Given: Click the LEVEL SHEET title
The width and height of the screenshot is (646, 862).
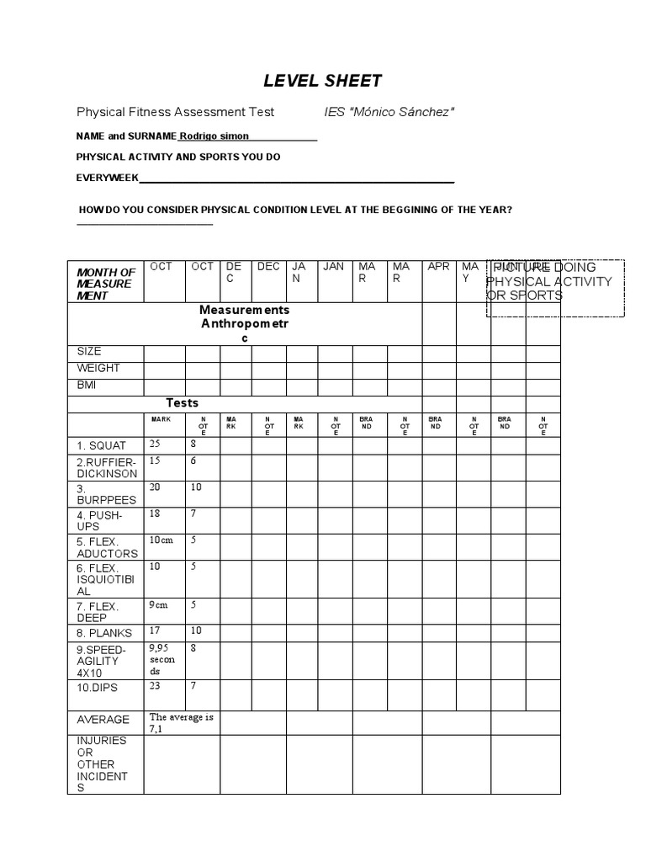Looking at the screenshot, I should point(323,82).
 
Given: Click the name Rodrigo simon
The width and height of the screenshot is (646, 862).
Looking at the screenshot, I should point(214,136).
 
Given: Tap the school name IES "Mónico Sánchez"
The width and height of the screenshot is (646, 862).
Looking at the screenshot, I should point(389,112).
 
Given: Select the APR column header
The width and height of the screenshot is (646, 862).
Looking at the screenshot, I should point(438,267).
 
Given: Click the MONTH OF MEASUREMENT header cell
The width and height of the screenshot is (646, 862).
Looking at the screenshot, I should point(105,284).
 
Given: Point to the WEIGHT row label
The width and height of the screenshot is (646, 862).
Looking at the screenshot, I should point(98,369).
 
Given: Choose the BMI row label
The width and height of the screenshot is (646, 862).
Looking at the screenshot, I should point(88,386).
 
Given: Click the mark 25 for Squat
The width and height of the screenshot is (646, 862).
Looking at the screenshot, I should point(155,444).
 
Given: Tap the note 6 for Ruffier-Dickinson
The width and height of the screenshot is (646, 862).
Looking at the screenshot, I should point(193,461).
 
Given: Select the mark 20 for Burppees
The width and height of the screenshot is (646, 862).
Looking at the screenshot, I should point(155,487).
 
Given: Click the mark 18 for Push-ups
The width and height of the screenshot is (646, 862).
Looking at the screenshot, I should point(155,513).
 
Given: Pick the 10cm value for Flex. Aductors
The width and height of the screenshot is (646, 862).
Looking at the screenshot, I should point(161,540).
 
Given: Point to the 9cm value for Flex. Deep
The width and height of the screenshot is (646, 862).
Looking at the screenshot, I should point(158,604).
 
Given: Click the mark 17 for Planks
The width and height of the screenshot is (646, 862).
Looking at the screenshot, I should point(155,631).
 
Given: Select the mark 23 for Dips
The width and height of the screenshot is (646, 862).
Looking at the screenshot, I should point(155,686).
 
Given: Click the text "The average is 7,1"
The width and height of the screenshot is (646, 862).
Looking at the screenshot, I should point(182,723).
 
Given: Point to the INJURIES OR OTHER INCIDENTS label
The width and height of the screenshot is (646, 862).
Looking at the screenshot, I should point(102,764).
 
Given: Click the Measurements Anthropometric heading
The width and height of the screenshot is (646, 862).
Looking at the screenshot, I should point(244,324).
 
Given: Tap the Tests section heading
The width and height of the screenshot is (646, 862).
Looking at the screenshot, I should point(182,403).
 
